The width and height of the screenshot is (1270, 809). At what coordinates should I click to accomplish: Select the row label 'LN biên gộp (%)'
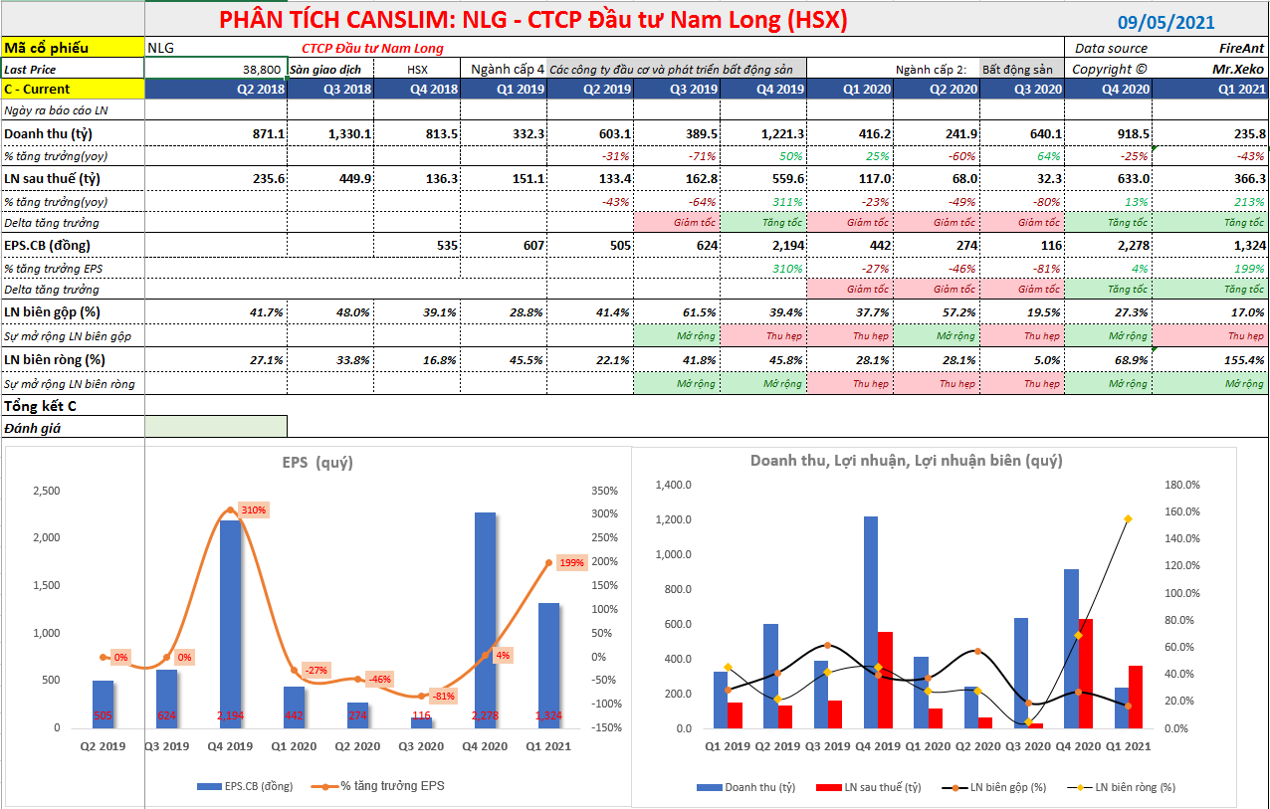(x=56, y=311)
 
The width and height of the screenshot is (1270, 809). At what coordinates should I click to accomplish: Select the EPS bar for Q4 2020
(x=485, y=619)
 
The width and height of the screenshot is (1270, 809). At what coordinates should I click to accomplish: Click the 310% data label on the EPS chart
(x=254, y=510)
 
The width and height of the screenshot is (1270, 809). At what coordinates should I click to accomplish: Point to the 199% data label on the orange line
(x=571, y=562)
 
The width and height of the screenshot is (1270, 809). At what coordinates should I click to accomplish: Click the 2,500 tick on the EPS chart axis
(x=46, y=492)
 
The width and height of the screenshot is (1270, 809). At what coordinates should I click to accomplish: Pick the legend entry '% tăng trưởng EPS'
(x=392, y=786)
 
